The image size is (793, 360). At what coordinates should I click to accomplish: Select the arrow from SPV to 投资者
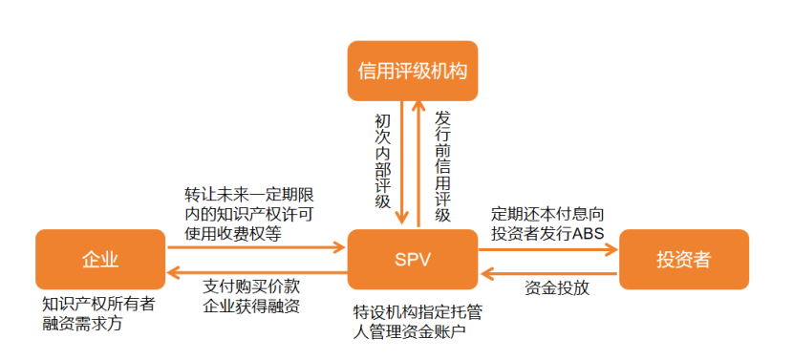(x=548, y=248)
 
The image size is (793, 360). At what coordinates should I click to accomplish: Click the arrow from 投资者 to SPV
(x=548, y=272)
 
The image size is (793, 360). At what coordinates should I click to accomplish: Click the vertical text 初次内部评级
(x=382, y=162)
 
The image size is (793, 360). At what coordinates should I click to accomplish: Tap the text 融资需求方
(x=82, y=324)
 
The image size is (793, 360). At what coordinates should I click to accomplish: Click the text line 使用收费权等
(x=233, y=232)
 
